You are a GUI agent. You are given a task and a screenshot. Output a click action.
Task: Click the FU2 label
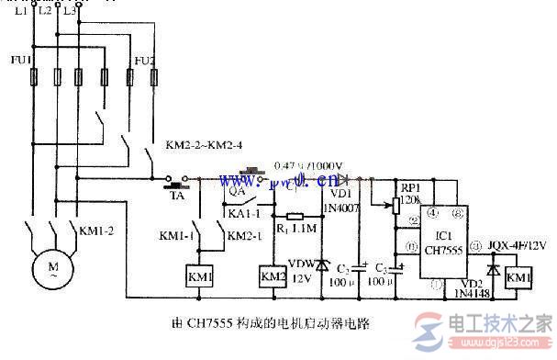point(144,62)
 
